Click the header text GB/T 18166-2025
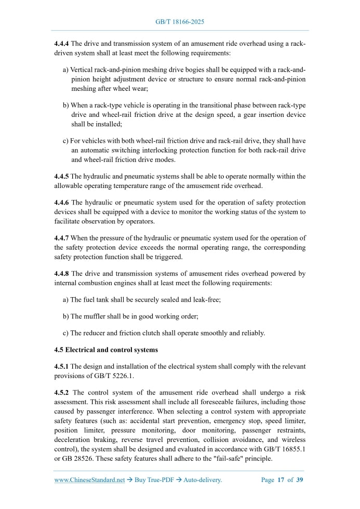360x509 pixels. (x=180, y=22)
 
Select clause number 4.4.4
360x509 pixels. (x=61, y=44)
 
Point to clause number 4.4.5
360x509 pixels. (x=61, y=177)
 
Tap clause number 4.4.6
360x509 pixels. (x=61, y=202)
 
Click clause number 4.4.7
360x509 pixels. (x=61, y=238)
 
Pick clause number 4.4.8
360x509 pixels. (x=61, y=273)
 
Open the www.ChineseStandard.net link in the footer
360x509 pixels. (x=89, y=480)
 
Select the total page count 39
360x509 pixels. (x=300, y=480)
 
